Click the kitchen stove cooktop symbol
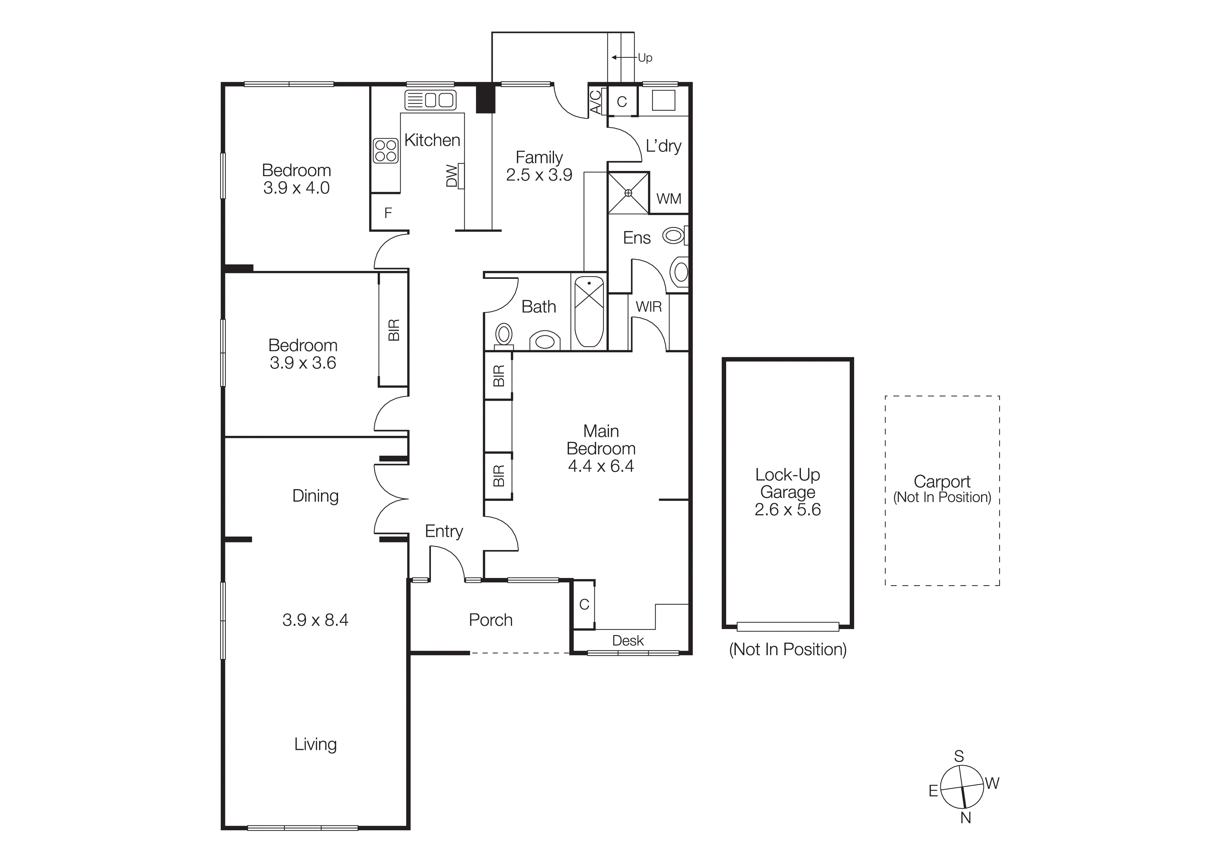386,150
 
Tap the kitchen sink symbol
431,100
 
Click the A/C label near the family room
596,102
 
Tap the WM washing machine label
668,199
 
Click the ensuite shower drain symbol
628,193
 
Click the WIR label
649,307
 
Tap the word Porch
490,620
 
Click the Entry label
444,531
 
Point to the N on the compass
965,818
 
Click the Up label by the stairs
645,58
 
